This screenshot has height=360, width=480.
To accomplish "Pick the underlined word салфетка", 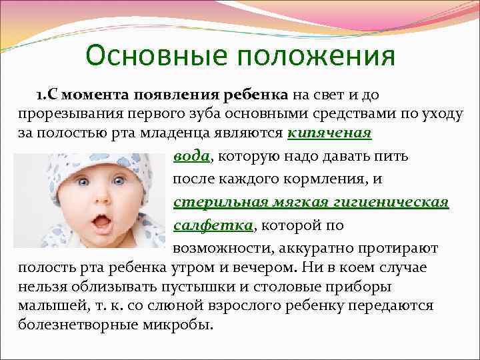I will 213,225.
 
